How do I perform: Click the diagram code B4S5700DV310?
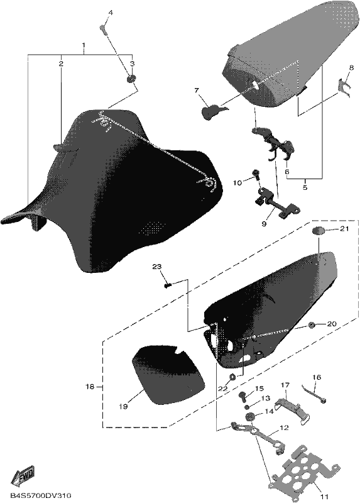pos(41,495)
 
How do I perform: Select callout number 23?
pos(157,267)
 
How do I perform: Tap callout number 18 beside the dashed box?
pos(90,387)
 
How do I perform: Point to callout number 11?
pos(324,497)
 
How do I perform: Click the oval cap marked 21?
pos(319,231)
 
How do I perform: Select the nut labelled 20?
pos(310,325)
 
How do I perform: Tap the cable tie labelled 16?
pos(315,393)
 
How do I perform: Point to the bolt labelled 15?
pos(244,397)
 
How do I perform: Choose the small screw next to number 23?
pos(167,285)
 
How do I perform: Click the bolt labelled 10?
pos(256,174)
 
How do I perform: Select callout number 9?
pos(264,224)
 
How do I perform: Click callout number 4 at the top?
pos(111,13)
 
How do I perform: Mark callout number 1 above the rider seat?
pos(84,45)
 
